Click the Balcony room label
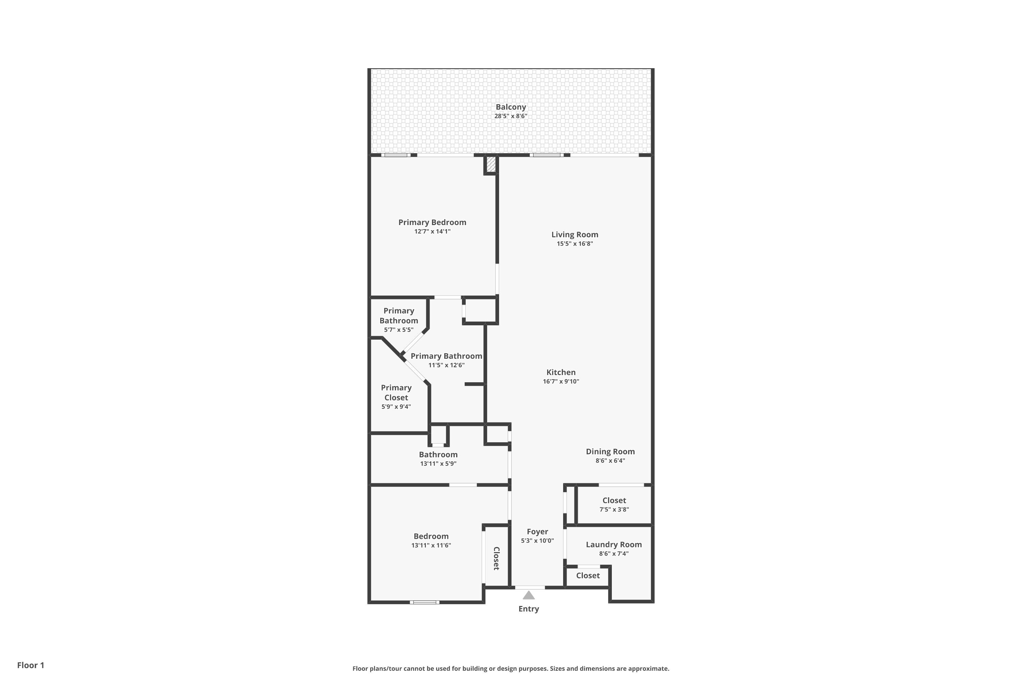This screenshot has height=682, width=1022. (511, 107)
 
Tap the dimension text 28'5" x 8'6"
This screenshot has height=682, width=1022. (511, 116)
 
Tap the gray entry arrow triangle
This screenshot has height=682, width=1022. (528, 595)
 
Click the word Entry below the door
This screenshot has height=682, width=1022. (528, 609)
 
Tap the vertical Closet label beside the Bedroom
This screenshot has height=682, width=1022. (496, 559)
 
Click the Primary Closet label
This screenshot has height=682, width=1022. (396, 392)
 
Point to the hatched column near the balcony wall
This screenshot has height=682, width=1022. (491, 164)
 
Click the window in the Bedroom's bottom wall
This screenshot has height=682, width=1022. (424, 603)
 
